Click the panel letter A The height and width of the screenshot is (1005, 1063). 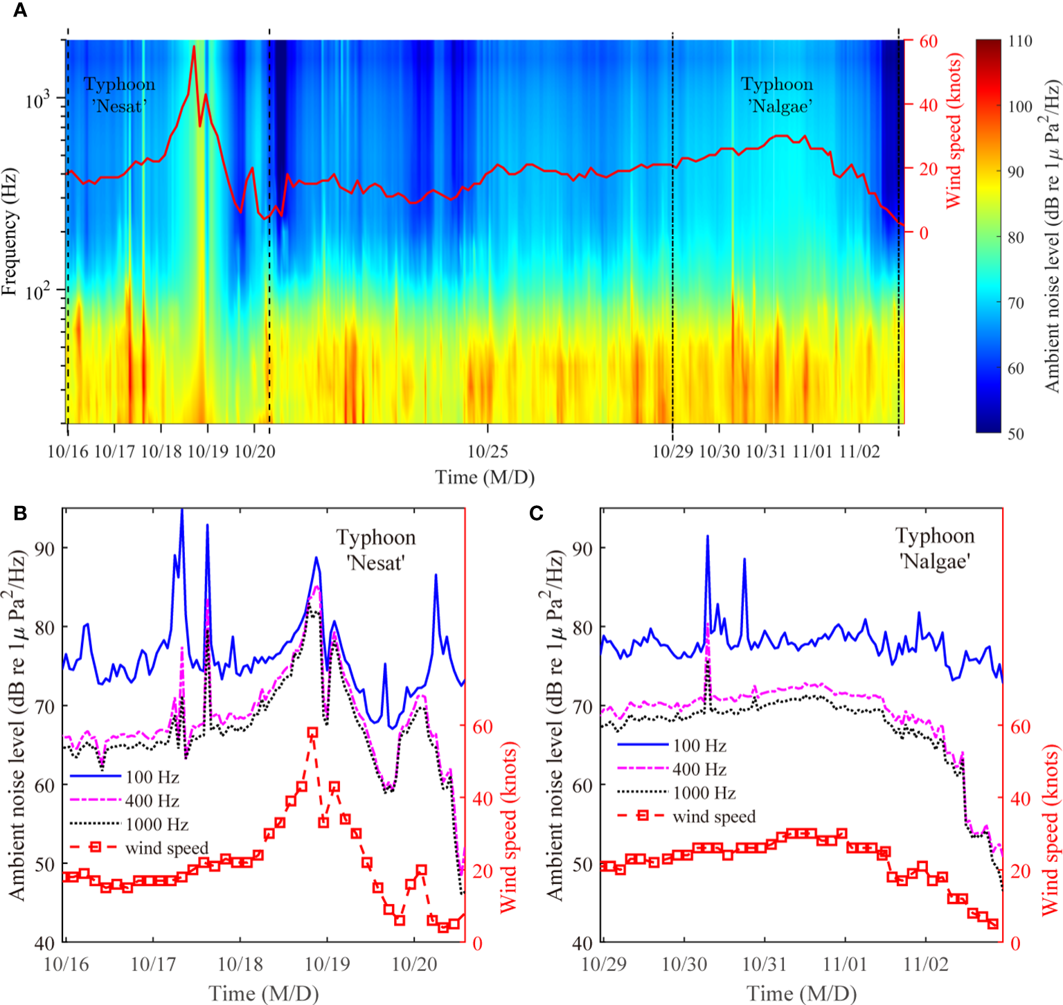coord(20,10)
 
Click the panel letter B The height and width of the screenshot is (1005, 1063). coord(20,513)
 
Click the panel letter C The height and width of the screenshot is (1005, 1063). coord(536,513)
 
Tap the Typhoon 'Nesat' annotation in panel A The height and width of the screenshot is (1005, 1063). coord(119,95)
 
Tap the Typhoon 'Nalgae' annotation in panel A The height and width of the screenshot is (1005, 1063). coord(777,95)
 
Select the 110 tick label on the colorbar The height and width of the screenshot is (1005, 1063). coord(1019,41)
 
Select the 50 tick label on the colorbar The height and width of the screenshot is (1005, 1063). coord(1015,434)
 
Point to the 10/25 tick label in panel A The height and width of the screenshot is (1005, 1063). coord(488,452)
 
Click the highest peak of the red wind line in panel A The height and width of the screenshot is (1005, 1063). coord(194,46)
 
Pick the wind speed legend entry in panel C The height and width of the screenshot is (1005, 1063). coord(713,816)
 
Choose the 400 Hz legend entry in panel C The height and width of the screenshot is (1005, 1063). coord(699,769)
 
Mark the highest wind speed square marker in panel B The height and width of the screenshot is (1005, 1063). coord(312,732)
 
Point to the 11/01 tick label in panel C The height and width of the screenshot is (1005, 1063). coord(845,964)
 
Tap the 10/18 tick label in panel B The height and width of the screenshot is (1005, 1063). coord(240,964)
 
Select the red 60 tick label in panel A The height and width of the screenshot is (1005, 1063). coord(928,41)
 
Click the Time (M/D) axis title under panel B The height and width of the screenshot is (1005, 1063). coord(263,993)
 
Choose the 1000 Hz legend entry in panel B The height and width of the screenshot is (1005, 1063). coord(157,824)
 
